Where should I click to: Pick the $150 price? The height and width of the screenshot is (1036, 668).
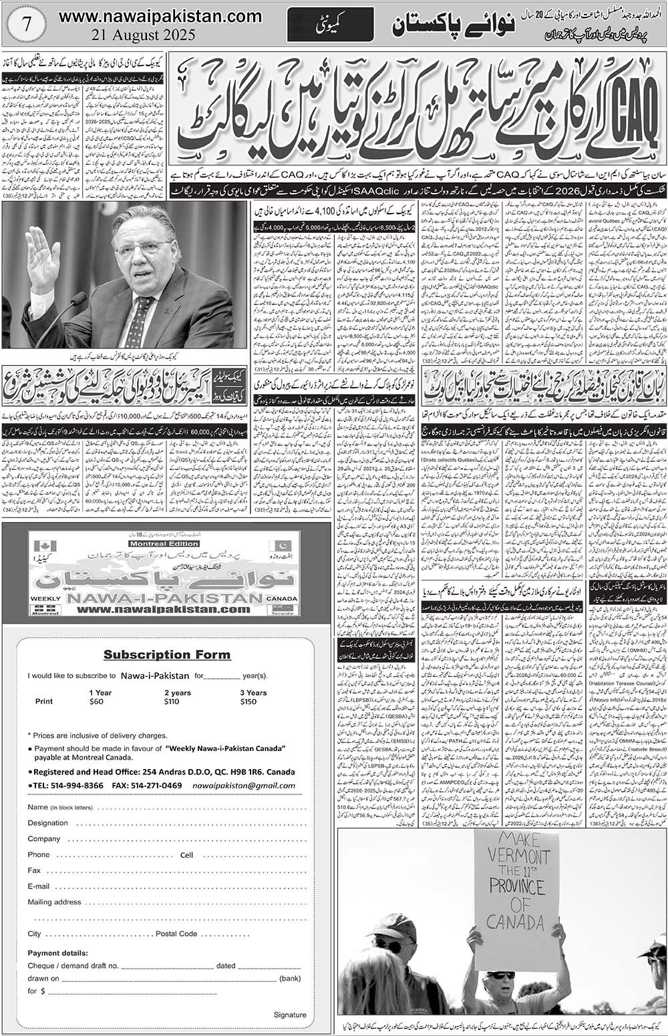(x=248, y=702)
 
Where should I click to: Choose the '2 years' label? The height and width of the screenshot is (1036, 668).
(x=177, y=693)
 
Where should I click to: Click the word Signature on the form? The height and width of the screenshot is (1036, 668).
(x=290, y=1015)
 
